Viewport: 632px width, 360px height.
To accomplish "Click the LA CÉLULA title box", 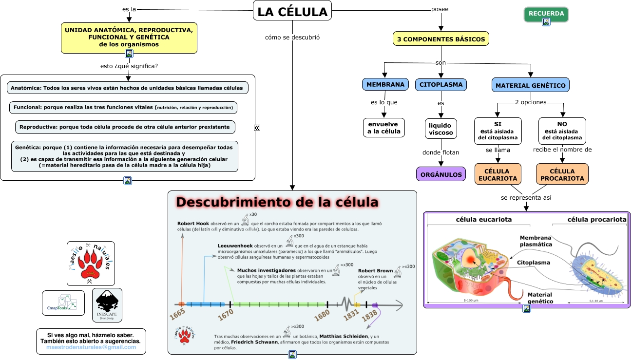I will coord(292,11).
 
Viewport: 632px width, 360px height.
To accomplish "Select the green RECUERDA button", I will coord(546,14).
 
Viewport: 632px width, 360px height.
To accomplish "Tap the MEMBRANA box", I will coord(385,84).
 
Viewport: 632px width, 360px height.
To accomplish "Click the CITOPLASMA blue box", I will coord(441,84).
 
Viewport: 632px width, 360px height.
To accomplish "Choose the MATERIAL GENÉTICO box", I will coord(530,85).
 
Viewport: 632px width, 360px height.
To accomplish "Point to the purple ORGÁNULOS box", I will coord(441,174).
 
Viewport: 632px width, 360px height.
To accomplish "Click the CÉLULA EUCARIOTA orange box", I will coord(498,174).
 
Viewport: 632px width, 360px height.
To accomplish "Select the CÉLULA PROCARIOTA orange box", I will coord(562,174).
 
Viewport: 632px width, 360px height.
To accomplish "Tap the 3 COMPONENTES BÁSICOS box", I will coord(440,39).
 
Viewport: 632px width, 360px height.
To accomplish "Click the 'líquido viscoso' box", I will coord(440,129).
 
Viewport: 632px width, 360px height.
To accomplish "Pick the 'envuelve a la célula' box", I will coord(384,128).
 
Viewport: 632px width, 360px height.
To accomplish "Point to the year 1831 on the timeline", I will coord(352,316).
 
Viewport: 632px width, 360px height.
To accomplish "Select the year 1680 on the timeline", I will coord(322,316).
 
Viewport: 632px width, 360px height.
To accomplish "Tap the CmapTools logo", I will coord(63,303).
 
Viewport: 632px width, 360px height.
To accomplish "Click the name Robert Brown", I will coord(375,271).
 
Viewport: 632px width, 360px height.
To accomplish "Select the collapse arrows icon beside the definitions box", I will coord(257,128).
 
